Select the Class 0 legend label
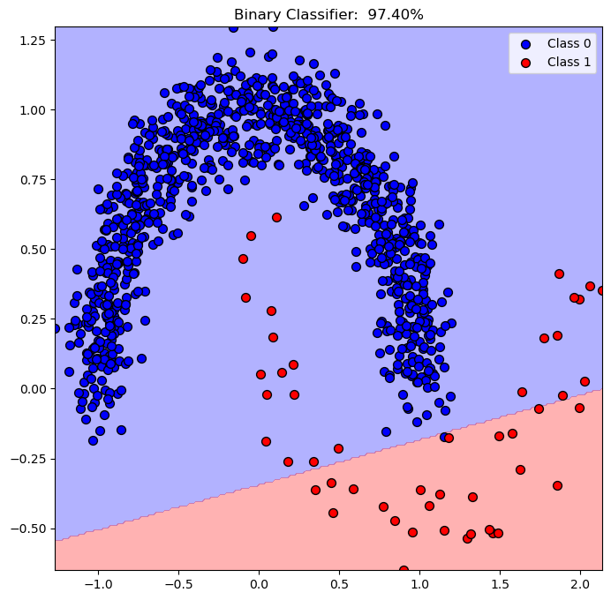coord(569,42)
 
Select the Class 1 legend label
coord(569,62)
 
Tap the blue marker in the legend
coord(526,42)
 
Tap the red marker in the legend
coord(526,62)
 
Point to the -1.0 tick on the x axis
coord(97,583)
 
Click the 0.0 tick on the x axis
coord(259,583)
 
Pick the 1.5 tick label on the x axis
coord(500,583)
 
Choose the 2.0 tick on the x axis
coord(580,583)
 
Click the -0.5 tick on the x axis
coord(177,583)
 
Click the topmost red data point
coord(276,217)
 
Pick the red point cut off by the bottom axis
coord(404,571)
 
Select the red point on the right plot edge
coord(602,290)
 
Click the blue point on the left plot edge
coord(56,328)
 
